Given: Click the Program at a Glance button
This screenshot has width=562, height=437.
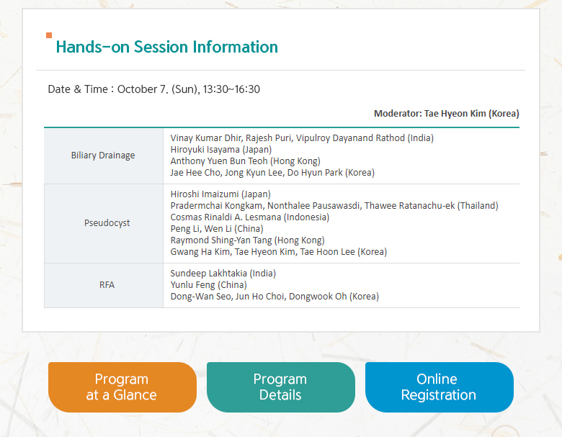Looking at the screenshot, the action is (122, 387).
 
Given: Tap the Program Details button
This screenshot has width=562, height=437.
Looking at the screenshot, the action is (281, 387).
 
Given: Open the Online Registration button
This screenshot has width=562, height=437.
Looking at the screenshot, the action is (439, 387).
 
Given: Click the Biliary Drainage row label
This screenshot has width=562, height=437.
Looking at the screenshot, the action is (103, 156).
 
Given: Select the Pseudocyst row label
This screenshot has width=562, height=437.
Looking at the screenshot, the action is (107, 223).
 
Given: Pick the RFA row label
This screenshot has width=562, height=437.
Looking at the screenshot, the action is (107, 285).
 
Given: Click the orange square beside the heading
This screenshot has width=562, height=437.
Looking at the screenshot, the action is (49, 35).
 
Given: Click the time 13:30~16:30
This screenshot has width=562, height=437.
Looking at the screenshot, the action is (231, 89).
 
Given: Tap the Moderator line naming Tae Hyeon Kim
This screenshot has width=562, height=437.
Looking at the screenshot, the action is (446, 114).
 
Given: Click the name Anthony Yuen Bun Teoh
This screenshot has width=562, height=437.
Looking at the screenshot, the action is (219, 161).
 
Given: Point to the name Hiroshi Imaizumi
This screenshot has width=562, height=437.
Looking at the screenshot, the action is (205, 194).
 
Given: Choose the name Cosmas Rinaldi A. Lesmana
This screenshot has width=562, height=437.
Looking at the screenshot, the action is (226, 217).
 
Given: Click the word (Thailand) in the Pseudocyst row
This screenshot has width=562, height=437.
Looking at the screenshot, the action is (478, 206).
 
